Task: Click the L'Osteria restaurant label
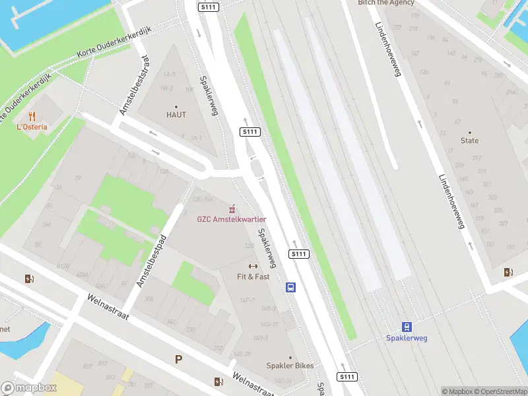coord(32,127)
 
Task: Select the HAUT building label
coord(176,115)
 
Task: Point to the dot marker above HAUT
coord(176,106)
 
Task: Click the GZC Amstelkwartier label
coord(232,219)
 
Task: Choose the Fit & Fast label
coord(253,277)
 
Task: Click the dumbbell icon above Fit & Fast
coord(253,267)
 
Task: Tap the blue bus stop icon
coord(290,287)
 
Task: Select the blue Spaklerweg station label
coord(407,339)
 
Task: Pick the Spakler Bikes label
coord(290,366)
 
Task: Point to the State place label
coord(470,141)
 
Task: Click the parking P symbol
coord(178,360)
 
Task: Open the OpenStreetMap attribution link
coord(500,391)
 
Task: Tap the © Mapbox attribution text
coord(457,391)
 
